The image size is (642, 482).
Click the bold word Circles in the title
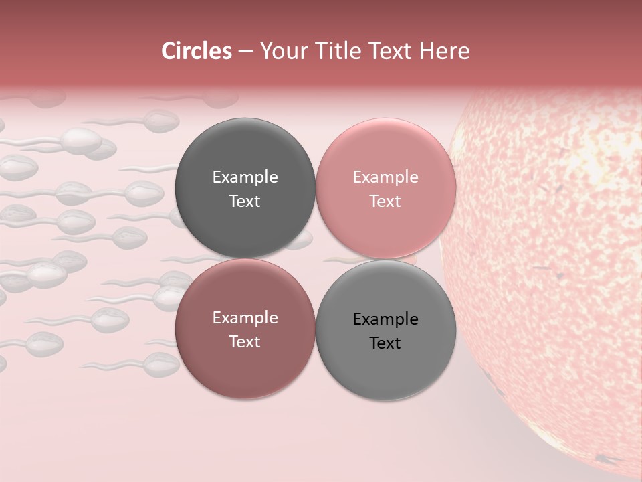pyautogui.click(x=197, y=51)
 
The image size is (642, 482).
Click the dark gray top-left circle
pyautogui.click(x=245, y=154)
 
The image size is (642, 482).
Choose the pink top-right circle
pyautogui.click(x=386, y=154)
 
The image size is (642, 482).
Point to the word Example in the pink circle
pyautogui.click(x=386, y=177)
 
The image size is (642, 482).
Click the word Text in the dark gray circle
pyautogui.click(x=245, y=201)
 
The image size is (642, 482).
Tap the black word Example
pyautogui.click(x=386, y=319)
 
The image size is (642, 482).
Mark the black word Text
pyautogui.click(x=385, y=343)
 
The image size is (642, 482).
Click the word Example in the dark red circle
pyautogui.click(x=245, y=318)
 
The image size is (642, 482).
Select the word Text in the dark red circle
pyautogui.click(x=245, y=341)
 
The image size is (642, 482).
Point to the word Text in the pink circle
pyautogui.click(x=385, y=201)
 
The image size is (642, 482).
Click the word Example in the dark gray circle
pyautogui.click(x=245, y=177)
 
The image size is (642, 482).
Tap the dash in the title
pyautogui.click(x=245, y=52)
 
